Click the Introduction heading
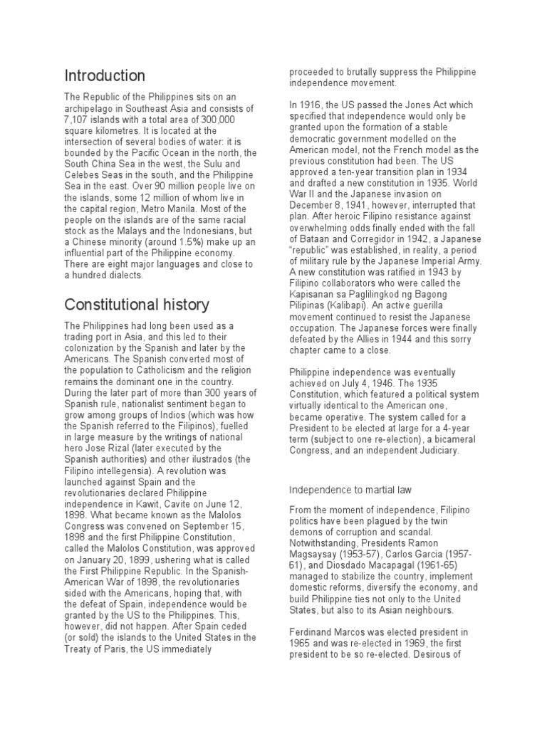[x=105, y=75]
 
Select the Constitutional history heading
[x=137, y=305]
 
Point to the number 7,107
[x=79, y=119]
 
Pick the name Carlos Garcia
[x=415, y=553]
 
